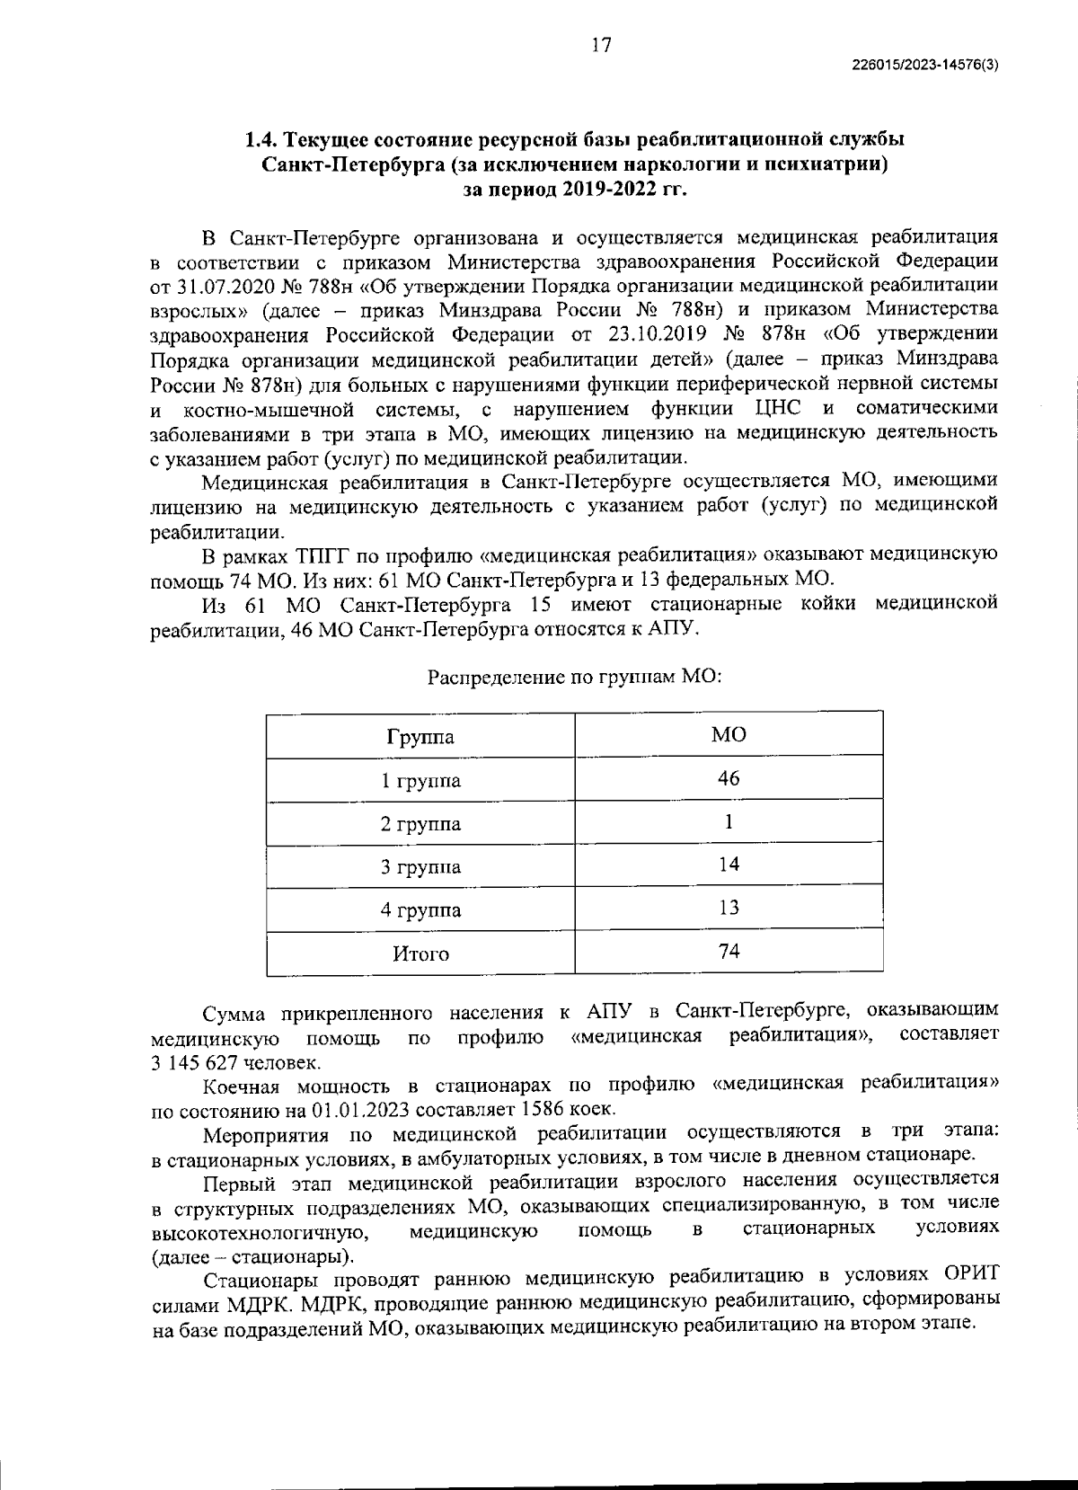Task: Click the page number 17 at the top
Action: [601, 46]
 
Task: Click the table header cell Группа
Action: [420, 738]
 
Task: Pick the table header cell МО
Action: [729, 735]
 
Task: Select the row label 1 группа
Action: [420, 781]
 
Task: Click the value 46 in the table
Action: [729, 778]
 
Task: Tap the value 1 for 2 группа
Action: [729, 821]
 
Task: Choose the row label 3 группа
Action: [420, 867]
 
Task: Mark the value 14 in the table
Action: [729, 865]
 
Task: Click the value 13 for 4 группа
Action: [729, 908]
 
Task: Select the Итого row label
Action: [420, 953]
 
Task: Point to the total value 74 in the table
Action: [729, 951]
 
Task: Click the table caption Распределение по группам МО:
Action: [575, 676]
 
